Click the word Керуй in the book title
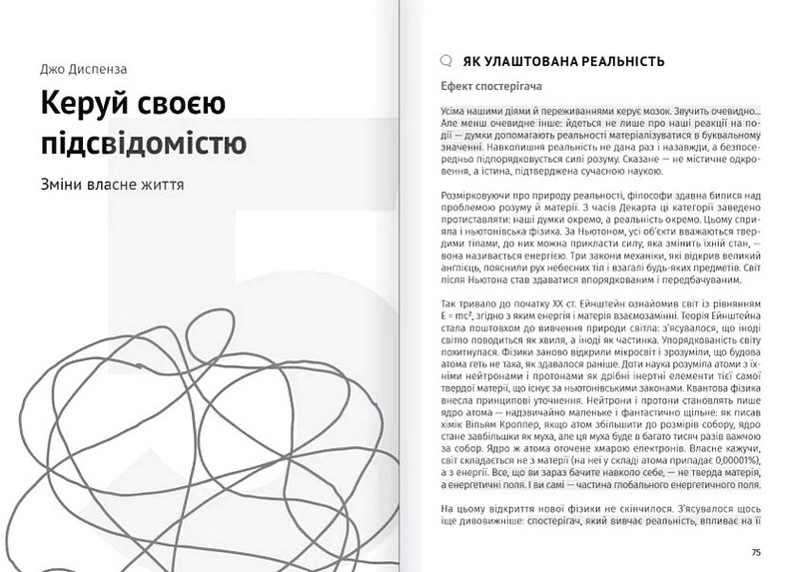77,105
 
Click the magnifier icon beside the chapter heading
445,60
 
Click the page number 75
756,552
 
